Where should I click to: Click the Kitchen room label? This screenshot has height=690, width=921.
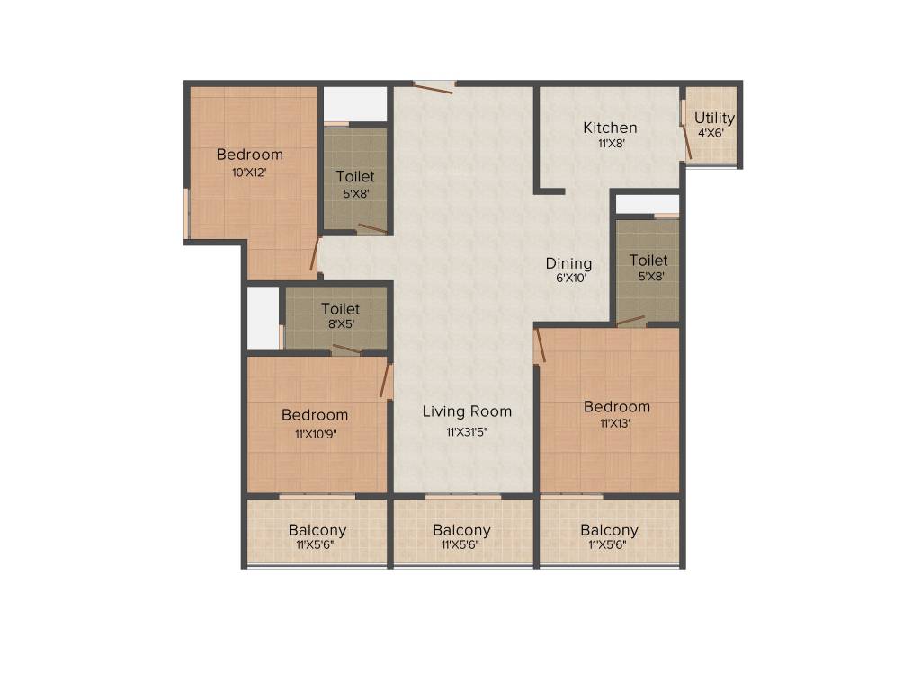[x=610, y=128]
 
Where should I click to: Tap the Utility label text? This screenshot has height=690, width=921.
[x=714, y=118]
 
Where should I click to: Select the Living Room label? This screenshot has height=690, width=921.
[x=467, y=411]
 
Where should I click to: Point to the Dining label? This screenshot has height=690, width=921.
[x=568, y=263]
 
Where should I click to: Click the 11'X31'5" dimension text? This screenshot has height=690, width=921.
[x=467, y=432]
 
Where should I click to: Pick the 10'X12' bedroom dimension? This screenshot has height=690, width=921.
[x=249, y=172]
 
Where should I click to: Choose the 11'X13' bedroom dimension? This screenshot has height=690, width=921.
[x=615, y=424]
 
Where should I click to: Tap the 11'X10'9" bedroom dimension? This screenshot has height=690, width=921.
[x=315, y=433]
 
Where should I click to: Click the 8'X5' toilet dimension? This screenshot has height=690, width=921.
[x=340, y=325]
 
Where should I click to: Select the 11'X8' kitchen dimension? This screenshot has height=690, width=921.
[x=611, y=143]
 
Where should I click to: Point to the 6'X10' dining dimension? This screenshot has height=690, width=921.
[x=570, y=279]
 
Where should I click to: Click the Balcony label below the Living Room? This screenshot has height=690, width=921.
[x=461, y=530]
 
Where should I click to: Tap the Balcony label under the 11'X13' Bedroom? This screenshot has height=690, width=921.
[x=609, y=530]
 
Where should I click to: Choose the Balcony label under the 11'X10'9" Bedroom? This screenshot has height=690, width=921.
[x=317, y=530]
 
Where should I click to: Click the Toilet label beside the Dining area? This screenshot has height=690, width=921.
[x=648, y=261]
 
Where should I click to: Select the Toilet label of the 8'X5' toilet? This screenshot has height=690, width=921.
[x=340, y=309]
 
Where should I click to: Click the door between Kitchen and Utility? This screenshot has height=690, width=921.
[x=686, y=130]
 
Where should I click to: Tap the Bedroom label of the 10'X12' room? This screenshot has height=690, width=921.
[x=249, y=155]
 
